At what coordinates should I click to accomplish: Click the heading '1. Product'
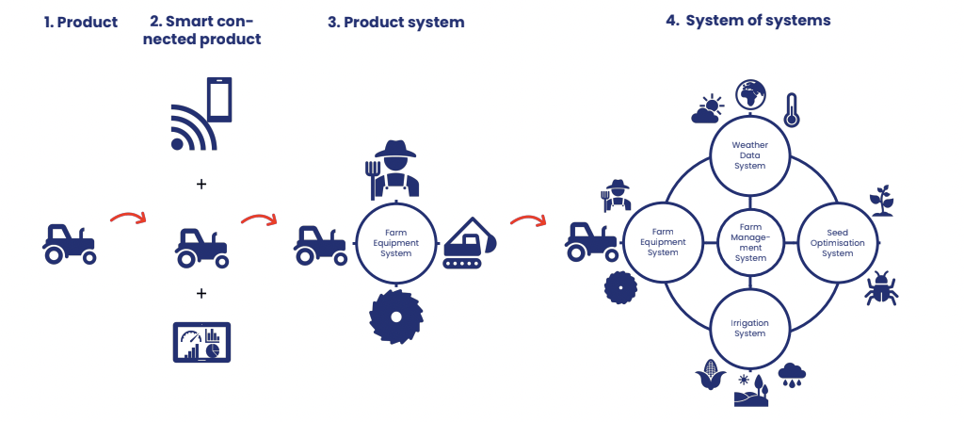[x=81, y=23]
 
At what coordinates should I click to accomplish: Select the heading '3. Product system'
[x=395, y=23]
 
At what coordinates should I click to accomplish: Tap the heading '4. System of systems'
[x=747, y=20]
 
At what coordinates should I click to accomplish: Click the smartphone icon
[x=219, y=99]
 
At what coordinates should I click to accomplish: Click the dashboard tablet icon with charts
[x=201, y=343]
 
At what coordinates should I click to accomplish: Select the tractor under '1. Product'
[x=69, y=243]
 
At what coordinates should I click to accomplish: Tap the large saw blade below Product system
[x=394, y=315]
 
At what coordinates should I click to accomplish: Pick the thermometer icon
[x=792, y=109]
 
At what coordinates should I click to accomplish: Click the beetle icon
[x=881, y=288]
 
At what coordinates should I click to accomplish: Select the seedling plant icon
[x=882, y=201]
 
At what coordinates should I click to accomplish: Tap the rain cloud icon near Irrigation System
[x=791, y=375]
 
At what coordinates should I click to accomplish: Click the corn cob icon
[x=710, y=376]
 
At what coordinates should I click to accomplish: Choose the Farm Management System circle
[x=750, y=242]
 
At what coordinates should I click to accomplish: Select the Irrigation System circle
[x=750, y=328]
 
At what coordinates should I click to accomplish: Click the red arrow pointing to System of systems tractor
[x=528, y=221]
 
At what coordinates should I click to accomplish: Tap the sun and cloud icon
[x=707, y=110]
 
